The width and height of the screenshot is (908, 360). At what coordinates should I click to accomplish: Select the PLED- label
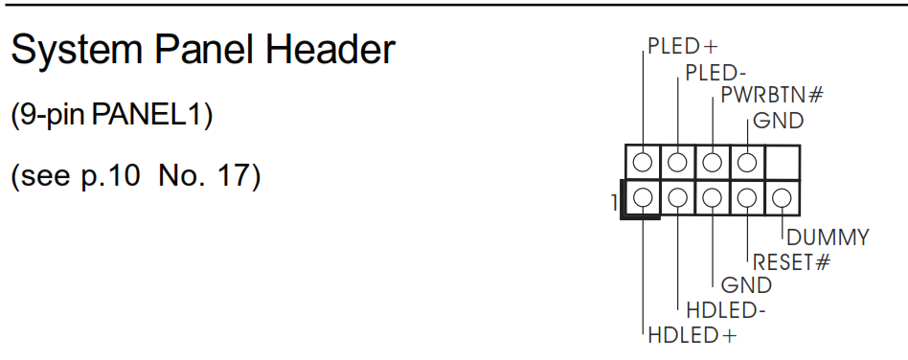(x=715, y=72)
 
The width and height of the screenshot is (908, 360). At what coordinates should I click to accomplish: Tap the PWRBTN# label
(x=772, y=96)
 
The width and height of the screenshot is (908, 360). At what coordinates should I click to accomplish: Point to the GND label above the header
(x=778, y=121)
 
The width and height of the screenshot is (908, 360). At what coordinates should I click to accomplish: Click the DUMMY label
(x=828, y=237)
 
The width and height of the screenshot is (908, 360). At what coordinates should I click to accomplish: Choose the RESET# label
(x=790, y=261)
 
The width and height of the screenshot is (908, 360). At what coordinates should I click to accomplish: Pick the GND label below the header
(x=746, y=285)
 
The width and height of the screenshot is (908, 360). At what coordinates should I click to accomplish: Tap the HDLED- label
(x=726, y=310)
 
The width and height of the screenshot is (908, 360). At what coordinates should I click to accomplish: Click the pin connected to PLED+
(x=644, y=160)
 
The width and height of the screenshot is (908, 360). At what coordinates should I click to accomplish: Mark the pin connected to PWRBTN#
(x=713, y=160)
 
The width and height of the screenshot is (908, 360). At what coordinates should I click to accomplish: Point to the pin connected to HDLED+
(x=644, y=198)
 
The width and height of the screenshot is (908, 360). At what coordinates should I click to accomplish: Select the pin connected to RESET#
(x=747, y=198)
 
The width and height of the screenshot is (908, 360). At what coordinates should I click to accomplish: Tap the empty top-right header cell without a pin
(x=782, y=160)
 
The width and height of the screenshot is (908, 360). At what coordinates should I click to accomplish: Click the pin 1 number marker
(x=613, y=203)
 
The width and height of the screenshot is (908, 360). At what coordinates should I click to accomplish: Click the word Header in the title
(x=329, y=50)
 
